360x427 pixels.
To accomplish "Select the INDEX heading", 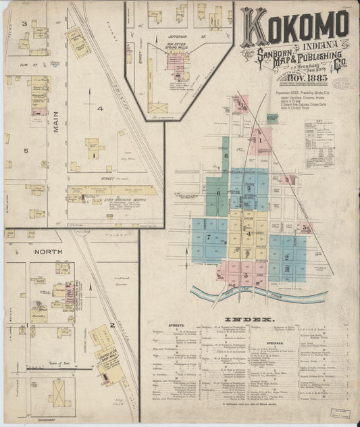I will (250, 319).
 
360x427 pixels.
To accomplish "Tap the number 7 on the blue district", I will (209, 238).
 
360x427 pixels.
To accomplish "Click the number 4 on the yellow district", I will (249, 233).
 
